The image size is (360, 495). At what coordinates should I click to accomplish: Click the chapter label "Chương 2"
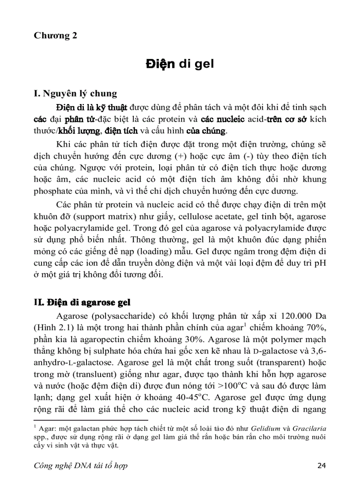coord(56,36)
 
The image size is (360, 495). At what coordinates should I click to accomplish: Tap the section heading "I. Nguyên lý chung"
coord(75,93)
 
